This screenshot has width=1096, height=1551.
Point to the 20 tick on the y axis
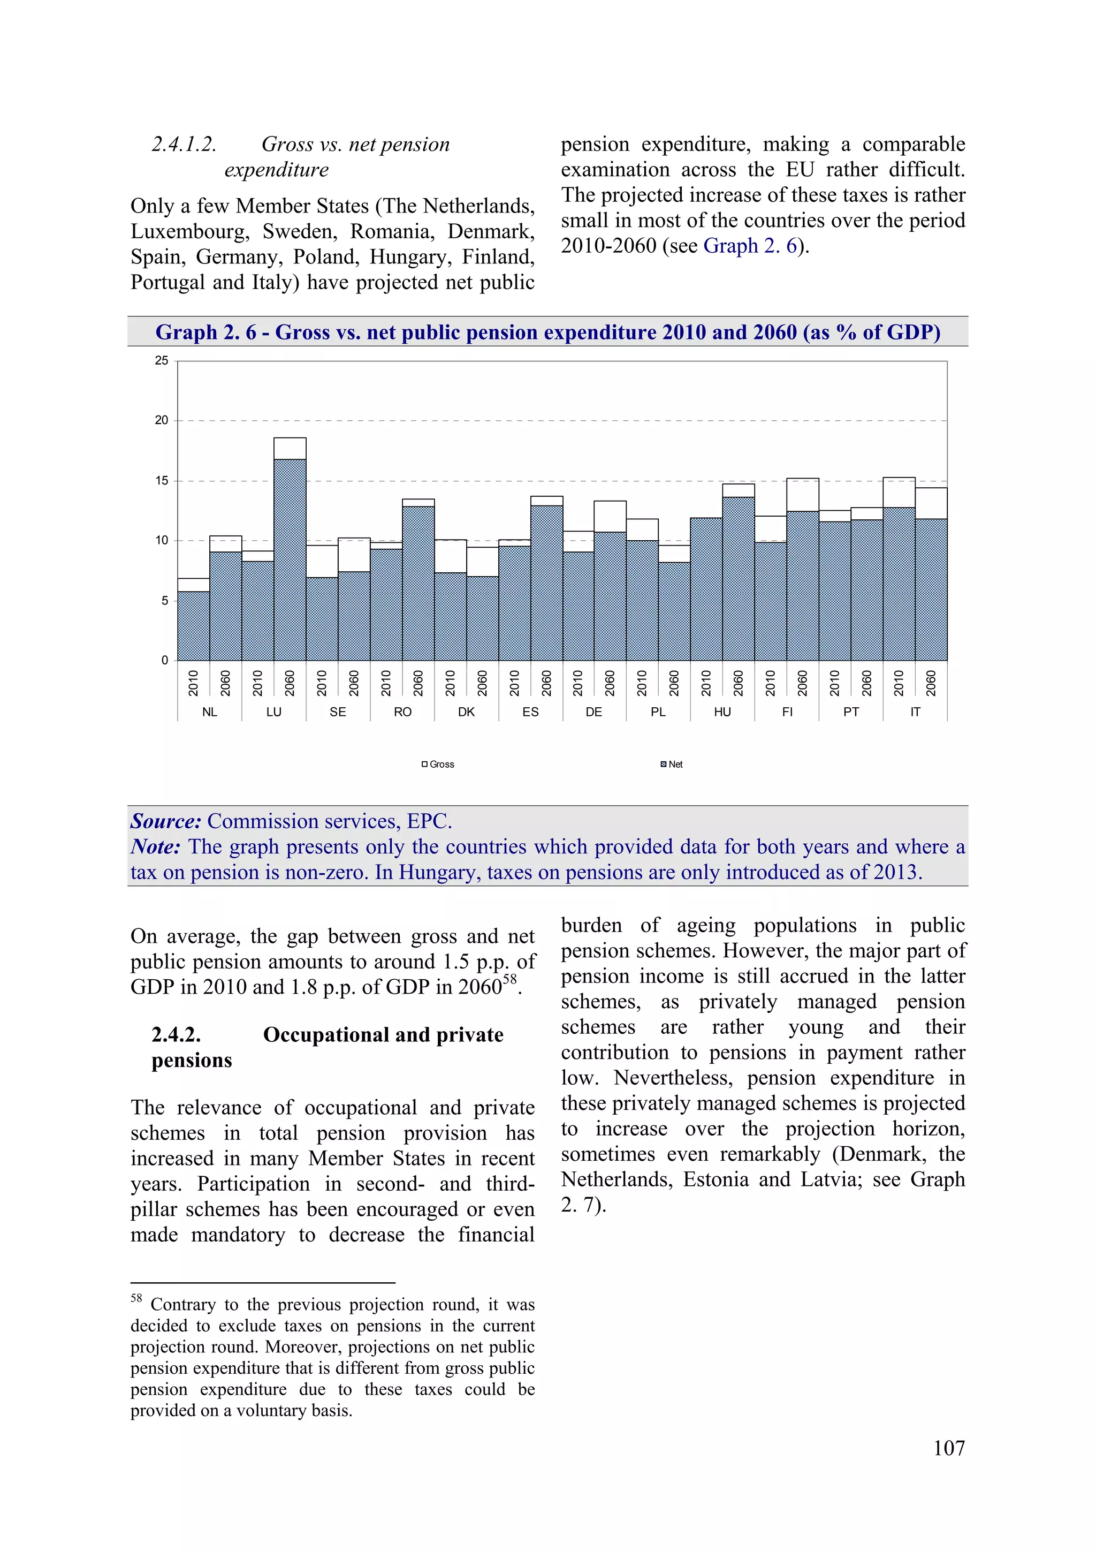tap(162, 420)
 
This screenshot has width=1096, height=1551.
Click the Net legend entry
tap(672, 764)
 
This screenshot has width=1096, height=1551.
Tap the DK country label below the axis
tap(466, 712)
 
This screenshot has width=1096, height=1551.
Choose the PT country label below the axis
tap(851, 712)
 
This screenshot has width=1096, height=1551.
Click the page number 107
tap(948, 1448)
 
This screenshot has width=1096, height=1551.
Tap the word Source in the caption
tap(165, 821)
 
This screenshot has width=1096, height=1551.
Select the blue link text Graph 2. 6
tap(750, 246)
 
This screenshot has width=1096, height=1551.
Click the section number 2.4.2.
tap(176, 1035)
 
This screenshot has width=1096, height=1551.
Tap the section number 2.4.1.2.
tap(184, 145)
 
